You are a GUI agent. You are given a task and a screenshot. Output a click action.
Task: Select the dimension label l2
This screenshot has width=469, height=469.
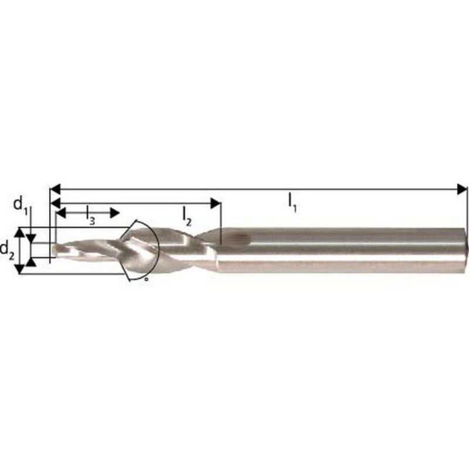[186, 216]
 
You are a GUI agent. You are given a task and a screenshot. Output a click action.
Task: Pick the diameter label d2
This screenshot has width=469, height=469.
[8, 249]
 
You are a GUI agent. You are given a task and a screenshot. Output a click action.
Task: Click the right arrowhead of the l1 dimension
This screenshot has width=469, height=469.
[463, 189]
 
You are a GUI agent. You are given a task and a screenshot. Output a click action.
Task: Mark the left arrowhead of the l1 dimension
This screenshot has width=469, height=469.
[56, 189]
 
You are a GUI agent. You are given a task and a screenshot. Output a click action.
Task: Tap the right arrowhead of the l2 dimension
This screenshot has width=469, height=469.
[216, 203]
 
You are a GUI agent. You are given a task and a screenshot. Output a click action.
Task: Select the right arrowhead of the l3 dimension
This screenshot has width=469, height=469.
[115, 212]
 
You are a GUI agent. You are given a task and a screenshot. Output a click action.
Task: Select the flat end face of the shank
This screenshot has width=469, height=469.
[466, 250]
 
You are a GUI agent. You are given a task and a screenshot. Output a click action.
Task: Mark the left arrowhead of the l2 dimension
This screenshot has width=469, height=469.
[56, 203]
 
